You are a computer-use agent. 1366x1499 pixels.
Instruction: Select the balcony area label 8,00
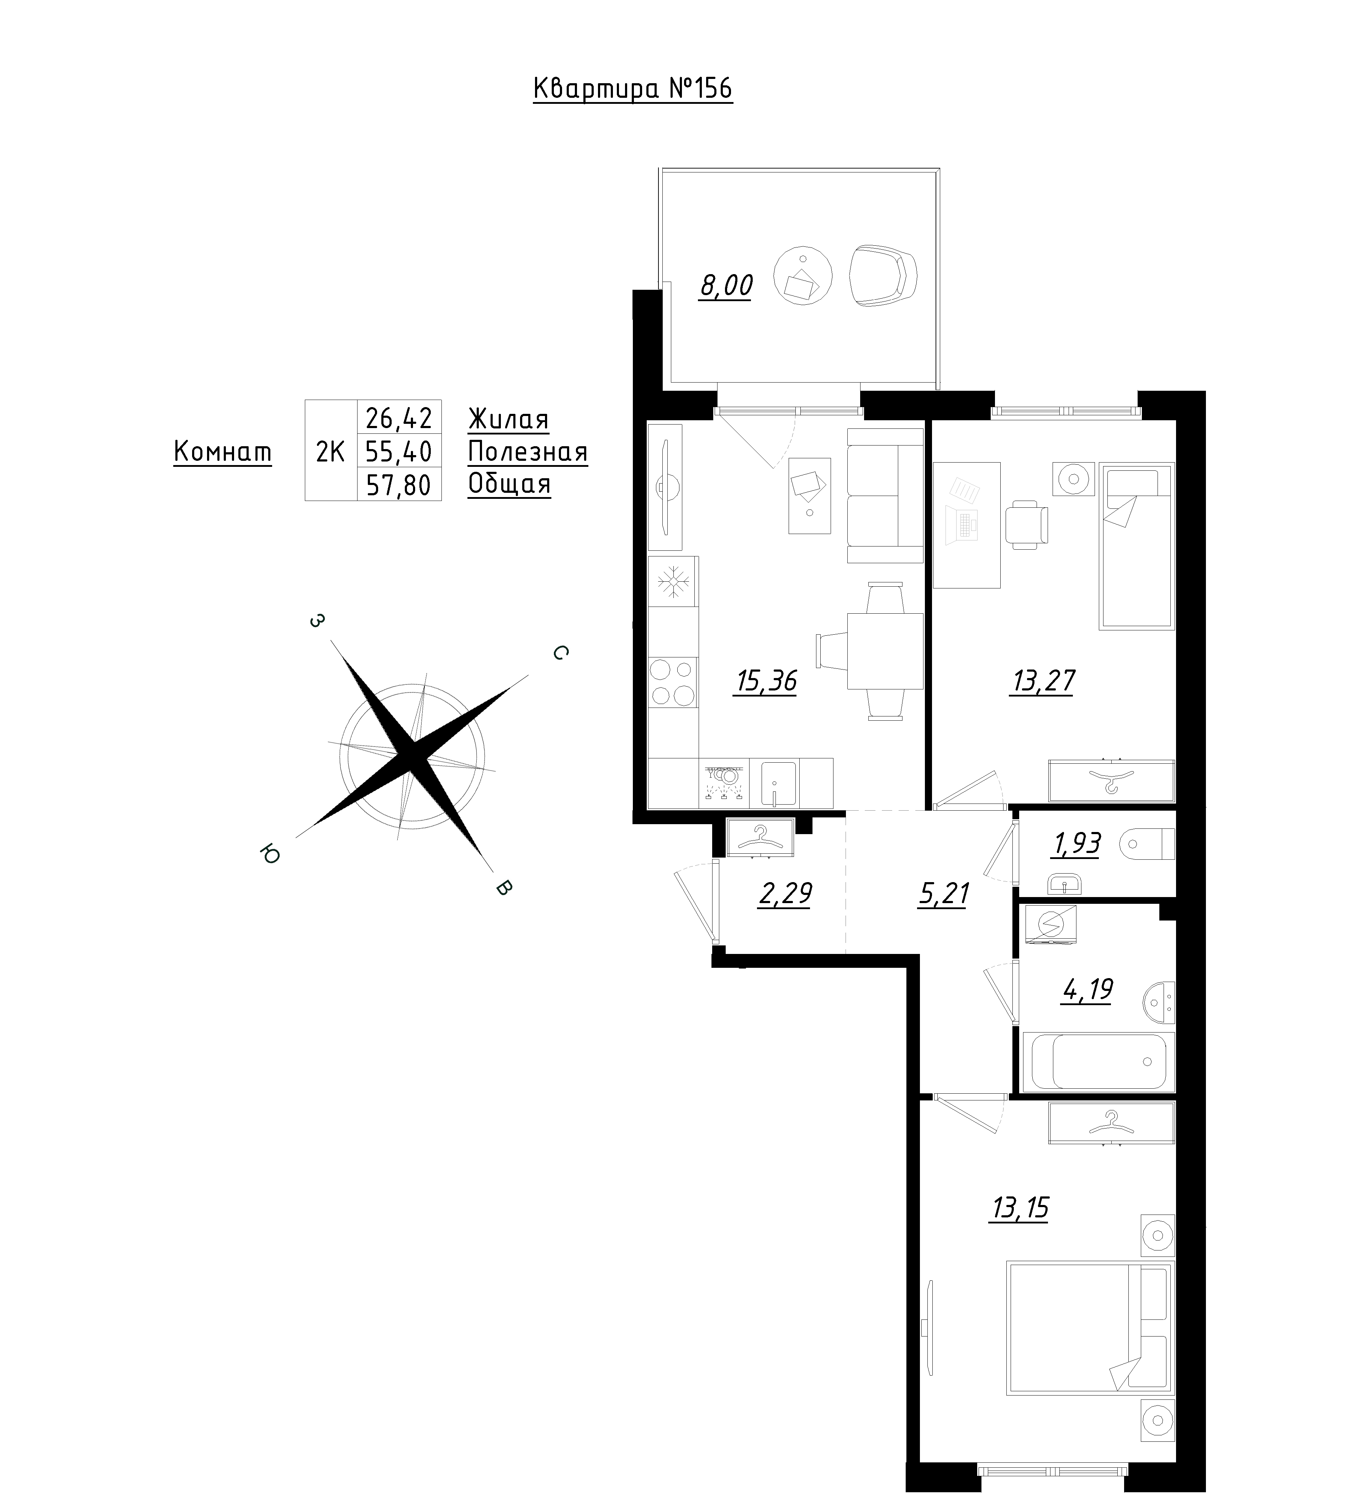(x=725, y=286)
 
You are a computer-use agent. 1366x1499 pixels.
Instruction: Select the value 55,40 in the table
(x=399, y=451)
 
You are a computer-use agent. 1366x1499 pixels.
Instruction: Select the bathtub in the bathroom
(x=1099, y=1061)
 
